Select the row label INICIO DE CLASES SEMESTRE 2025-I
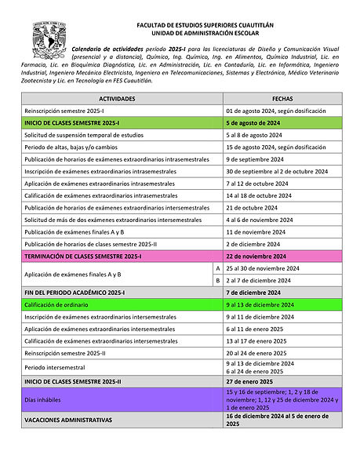pos(72,123)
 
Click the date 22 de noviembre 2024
pos(256,256)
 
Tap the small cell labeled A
pos(217,268)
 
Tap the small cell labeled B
pos(217,280)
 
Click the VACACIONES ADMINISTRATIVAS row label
pos(68,420)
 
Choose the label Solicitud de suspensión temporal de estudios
pos(85,135)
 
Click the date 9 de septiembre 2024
pos(256,159)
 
